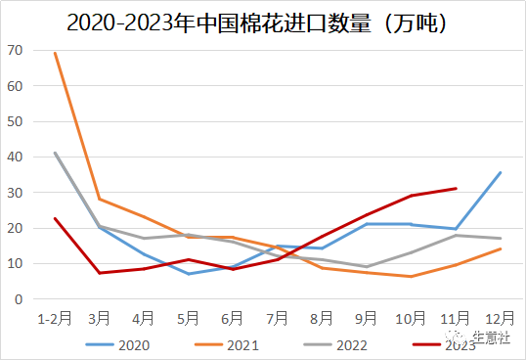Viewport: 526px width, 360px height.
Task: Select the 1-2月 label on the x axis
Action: pyautogui.click(x=54, y=320)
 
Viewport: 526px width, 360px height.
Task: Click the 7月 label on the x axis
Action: pyautogui.click(x=278, y=320)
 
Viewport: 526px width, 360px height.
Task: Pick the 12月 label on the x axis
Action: pyautogui.click(x=501, y=320)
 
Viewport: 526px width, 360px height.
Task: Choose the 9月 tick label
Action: pyautogui.click(x=367, y=320)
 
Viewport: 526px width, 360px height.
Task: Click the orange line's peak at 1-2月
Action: pyautogui.click(x=55, y=53)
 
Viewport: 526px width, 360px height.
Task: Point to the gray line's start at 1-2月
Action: pyautogui.click(x=55, y=153)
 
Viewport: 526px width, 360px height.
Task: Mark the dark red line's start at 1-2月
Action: pyautogui.click(x=55, y=218)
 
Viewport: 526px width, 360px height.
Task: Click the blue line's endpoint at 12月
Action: pyautogui.click(x=501, y=172)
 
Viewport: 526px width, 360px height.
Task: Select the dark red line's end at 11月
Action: pyautogui.click(x=456, y=189)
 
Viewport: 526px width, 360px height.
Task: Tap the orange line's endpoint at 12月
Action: pyautogui.click(x=501, y=248)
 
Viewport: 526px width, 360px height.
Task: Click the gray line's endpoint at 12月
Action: pyautogui.click(x=501, y=239)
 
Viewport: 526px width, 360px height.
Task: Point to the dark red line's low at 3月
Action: pyautogui.click(x=100, y=273)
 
